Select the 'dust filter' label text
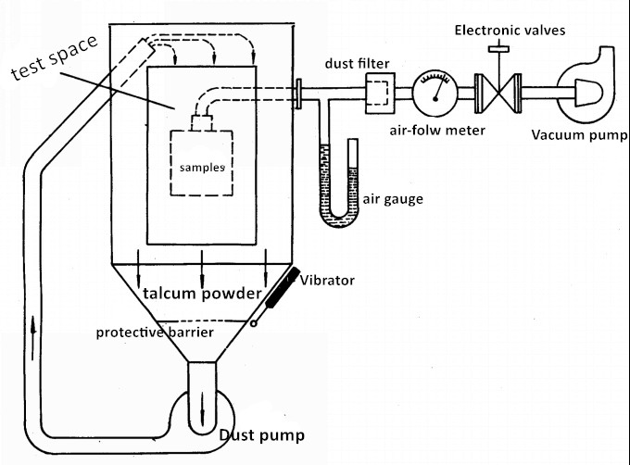pyautogui.click(x=356, y=63)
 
